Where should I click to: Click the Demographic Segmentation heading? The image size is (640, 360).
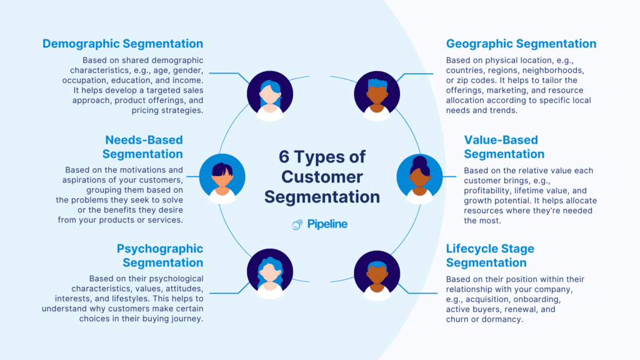click(x=122, y=44)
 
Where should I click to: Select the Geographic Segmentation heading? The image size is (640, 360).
click(x=521, y=44)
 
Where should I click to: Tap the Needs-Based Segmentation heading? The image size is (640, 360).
click(x=143, y=146)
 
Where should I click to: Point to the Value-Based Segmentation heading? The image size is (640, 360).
click(x=504, y=146)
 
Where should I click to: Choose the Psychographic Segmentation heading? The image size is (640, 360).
click(x=160, y=256)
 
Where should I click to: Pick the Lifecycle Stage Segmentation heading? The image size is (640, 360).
click(x=490, y=256)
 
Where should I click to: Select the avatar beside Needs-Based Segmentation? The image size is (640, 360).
click(x=222, y=177)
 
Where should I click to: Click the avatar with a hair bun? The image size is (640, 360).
click(x=419, y=177)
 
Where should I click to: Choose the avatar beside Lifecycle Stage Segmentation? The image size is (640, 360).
click(x=377, y=274)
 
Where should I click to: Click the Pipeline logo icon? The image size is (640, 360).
click(x=297, y=224)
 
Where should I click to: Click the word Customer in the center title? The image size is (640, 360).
click(x=322, y=176)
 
